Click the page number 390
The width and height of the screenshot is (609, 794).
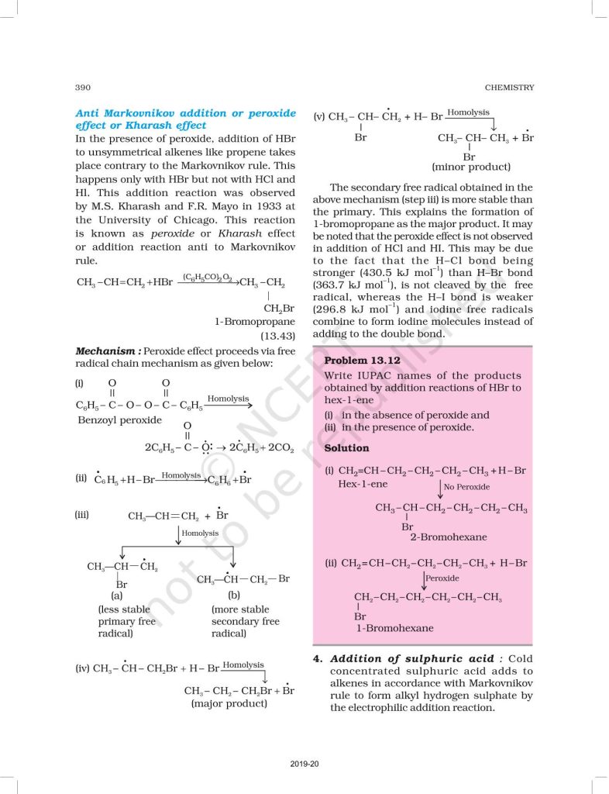click(x=84, y=88)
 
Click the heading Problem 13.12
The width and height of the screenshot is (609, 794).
click(x=362, y=361)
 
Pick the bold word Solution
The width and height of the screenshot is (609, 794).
click(x=346, y=448)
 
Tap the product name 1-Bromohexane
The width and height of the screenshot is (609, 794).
click(x=395, y=628)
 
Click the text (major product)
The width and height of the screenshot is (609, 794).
click(x=229, y=704)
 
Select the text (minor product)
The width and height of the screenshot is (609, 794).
click(x=471, y=167)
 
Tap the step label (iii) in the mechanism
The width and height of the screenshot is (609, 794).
click(x=83, y=514)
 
